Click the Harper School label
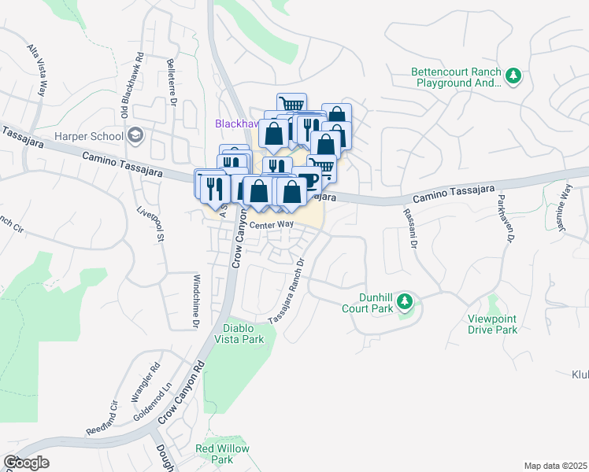point(88,136)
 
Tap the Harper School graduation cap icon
point(135,136)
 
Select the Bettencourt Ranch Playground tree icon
point(513,76)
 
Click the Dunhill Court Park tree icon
point(404,301)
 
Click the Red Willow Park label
point(223,454)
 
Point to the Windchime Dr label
point(195,301)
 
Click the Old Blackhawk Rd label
point(132,86)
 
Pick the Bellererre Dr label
point(171,79)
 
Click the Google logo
point(26,463)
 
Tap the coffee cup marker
point(307,180)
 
